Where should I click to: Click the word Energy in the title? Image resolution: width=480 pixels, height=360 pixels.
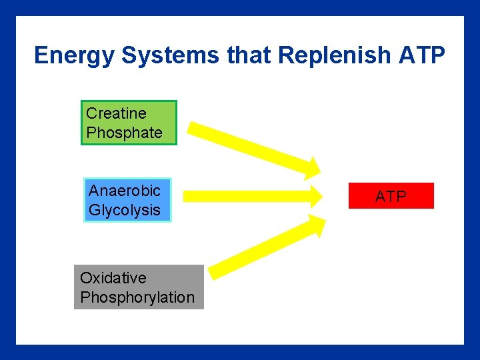pos(75,55)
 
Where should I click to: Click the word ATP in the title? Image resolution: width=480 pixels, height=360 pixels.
pos(422,55)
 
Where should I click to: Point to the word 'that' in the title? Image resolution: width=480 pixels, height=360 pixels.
pos(250,55)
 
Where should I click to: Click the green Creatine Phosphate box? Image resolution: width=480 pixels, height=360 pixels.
pos(129,123)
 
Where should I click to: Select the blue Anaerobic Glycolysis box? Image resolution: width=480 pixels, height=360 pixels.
pos(127,200)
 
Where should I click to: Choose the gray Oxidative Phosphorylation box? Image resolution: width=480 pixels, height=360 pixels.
pos(138,287)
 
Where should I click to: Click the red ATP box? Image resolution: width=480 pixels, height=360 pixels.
pos(391,196)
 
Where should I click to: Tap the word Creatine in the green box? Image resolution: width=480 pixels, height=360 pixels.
pos(116,113)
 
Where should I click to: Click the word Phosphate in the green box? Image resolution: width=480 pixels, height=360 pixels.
pos(125,133)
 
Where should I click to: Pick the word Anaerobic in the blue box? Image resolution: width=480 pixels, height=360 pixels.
pos(125,191)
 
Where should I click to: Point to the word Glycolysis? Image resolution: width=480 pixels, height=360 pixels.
pos(125,210)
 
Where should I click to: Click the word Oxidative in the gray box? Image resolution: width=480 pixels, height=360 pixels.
pos(113,278)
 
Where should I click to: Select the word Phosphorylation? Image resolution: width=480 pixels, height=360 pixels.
pos(137,297)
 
